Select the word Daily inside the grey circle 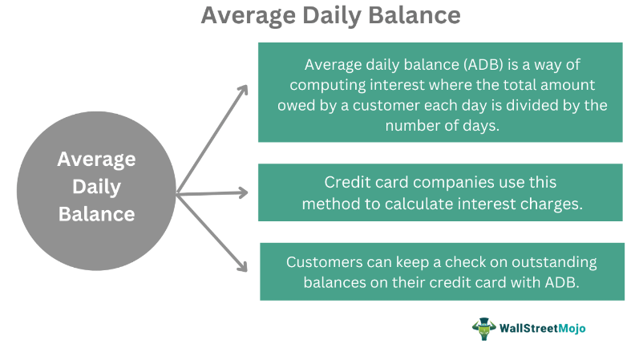click(x=96, y=187)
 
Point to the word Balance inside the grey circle click(x=96, y=214)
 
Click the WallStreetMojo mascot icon click(x=484, y=328)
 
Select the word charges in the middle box click(x=549, y=203)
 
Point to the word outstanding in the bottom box click(x=540, y=262)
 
